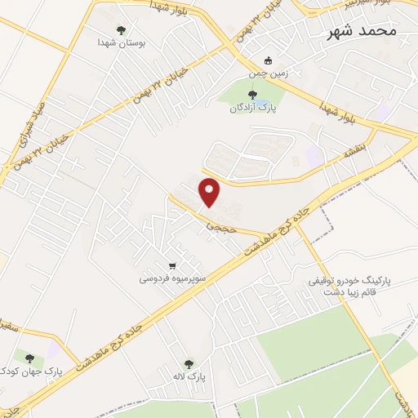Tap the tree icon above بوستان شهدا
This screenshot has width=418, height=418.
tap(122, 30)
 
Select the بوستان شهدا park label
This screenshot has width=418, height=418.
tap(121, 42)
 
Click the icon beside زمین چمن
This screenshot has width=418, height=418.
tap(269, 60)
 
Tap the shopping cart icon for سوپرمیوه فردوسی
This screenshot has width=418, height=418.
tap(171, 265)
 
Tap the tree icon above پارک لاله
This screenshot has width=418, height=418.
tap(189, 364)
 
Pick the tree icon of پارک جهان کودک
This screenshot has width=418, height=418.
tap(30, 358)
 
